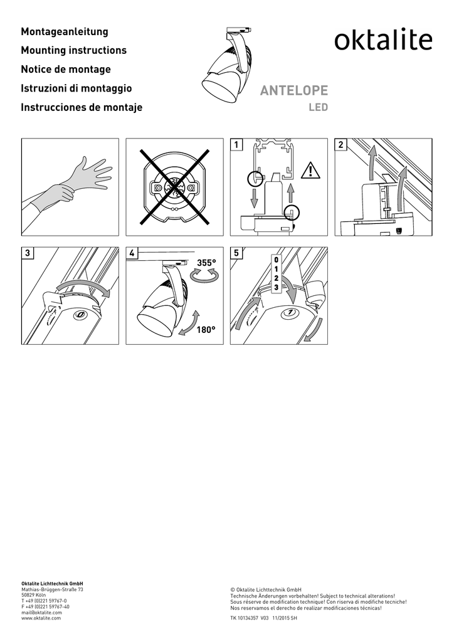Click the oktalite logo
pos(383,39)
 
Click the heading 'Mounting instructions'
pos(74,50)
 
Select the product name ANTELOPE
pos(294,90)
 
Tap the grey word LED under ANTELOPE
pos(318,107)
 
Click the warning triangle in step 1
pos(311,171)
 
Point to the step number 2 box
pos(340,144)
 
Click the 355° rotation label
pos(206,263)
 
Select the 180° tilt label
pos(206,330)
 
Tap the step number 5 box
pos(236,253)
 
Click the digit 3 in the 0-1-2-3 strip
pos(277,287)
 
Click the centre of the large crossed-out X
pos(175,187)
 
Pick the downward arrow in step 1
pos(254,197)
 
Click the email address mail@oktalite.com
pos(41,613)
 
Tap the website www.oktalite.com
pos(41,618)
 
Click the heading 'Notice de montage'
pos(66,69)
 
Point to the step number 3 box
pos(27,253)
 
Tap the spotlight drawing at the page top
pos(227,63)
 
